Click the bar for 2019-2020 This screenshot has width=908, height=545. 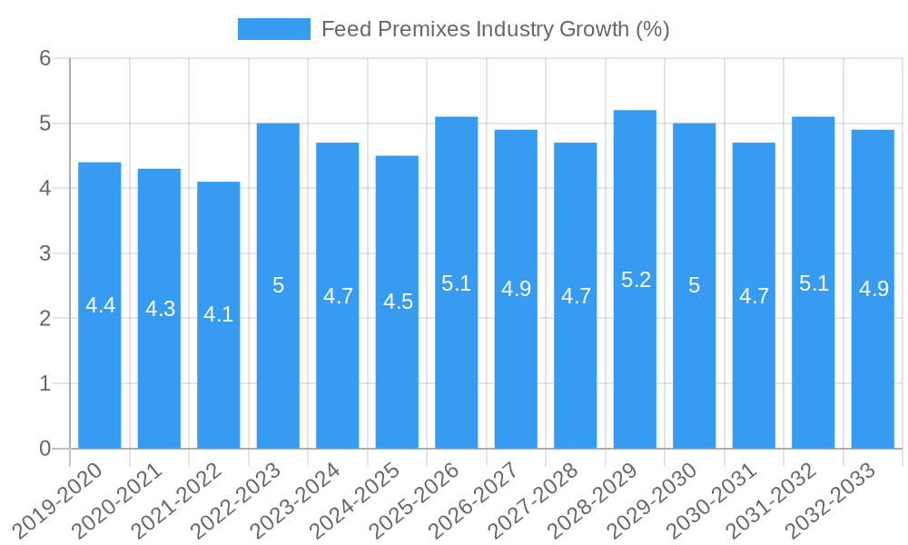(100, 363)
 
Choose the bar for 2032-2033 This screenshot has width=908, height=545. (873, 363)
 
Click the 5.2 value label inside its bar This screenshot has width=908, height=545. (636, 280)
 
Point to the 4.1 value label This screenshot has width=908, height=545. (219, 315)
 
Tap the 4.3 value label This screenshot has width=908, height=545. (160, 309)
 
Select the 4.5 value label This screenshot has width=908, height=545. (398, 302)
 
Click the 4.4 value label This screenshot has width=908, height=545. (100, 305)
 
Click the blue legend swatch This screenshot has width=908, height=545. (273, 29)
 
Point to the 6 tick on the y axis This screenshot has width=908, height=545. (44, 59)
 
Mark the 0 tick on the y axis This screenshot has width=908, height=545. (44, 449)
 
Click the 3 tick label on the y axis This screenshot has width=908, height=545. (44, 253)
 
